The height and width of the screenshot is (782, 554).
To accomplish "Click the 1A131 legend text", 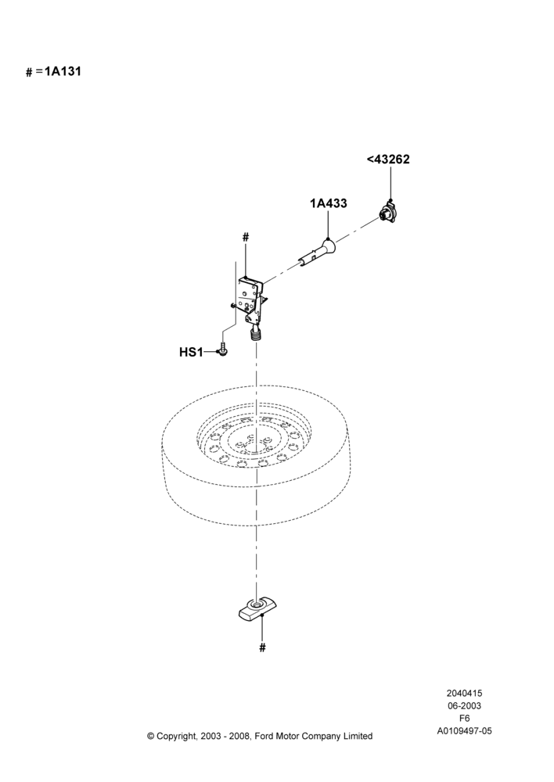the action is (x=63, y=71).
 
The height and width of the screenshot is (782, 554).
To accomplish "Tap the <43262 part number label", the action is (x=388, y=159).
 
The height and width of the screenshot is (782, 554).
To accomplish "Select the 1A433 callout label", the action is (x=329, y=203).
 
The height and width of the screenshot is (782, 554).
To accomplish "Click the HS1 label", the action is (x=191, y=352).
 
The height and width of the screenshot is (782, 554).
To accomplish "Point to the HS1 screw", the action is (x=223, y=350).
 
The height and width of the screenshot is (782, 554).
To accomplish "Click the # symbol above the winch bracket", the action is (x=245, y=238).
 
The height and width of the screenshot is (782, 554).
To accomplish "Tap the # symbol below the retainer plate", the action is (x=263, y=647).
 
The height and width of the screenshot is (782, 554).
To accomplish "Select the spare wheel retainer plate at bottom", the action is (x=257, y=609).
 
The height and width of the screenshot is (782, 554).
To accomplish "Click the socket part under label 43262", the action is (x=389, y=213).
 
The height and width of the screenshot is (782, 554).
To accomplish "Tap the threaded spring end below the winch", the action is (x=256, y=333).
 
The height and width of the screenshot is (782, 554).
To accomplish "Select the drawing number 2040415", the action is (x=464, y=693).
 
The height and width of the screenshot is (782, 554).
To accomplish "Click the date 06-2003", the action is (x=464, y=705).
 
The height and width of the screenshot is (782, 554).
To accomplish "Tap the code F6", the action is (x=464, y=719).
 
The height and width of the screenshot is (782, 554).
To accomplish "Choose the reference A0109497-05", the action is (x=464, y=731).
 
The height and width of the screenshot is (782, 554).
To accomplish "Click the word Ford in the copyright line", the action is (x=264, y=736).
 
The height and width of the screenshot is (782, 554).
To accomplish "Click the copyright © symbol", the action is (x=150, y=736).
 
